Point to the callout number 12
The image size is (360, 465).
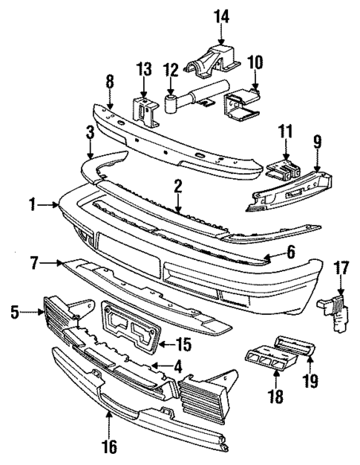(x=171, y=70)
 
